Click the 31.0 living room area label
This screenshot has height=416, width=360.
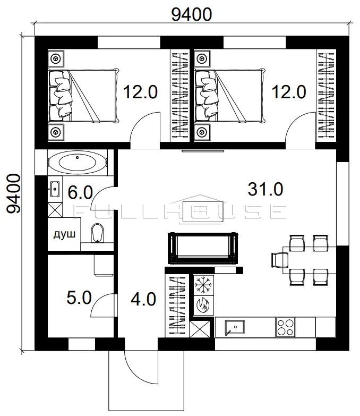pyautogui.click(x=265, y=189)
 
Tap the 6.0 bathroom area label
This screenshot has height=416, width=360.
pyautogui.click(x=80, y=192)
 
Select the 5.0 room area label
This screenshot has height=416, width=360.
pyautogui.click(x=79, y=298)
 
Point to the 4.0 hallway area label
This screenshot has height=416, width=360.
pyautogui.click(x=143, y=299)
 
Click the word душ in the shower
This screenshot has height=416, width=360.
pyautogui.click(x=64, y=234)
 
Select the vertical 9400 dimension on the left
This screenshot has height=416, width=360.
pyautogui.click(x=13, y=194)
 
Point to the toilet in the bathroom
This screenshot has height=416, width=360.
pyautogui.click(x=97, y=233)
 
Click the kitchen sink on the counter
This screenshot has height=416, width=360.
pyautogui.click(x=235, y=327)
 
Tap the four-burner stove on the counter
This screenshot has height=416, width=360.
pyautogui.click(x=285, y=327)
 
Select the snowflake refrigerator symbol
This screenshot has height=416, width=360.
pyautogui.click(x=203, y=285)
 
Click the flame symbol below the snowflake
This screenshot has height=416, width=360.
pyautogui.click(x=203, y=305)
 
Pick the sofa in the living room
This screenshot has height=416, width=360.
pyautogui.click(x=203, y=248)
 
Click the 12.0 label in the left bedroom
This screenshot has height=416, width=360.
pyautogui.click(x=141, y=92)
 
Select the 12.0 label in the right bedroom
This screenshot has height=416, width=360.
pyautogui.click(x=289, y=92)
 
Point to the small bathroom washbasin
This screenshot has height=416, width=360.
pyautogui.click(x=55, y=189)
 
